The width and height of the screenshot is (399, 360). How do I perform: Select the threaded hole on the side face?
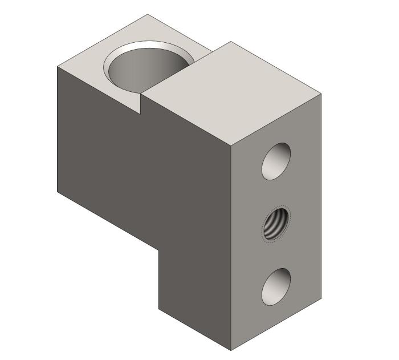(x=276, y=224)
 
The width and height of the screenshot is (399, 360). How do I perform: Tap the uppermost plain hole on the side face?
(x=276, y=161)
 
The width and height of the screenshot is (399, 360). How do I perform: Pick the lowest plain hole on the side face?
(x=276, y=286)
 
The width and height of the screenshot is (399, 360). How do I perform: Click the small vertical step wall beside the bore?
(x=141, y=103)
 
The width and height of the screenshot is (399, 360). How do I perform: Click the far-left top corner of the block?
(x=57, y=67)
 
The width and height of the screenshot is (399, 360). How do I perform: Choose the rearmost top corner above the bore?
(x=148, y=14)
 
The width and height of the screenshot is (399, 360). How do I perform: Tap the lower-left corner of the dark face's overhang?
(x=57, y=191)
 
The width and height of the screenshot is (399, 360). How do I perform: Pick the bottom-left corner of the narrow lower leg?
(x=158, y=309)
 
